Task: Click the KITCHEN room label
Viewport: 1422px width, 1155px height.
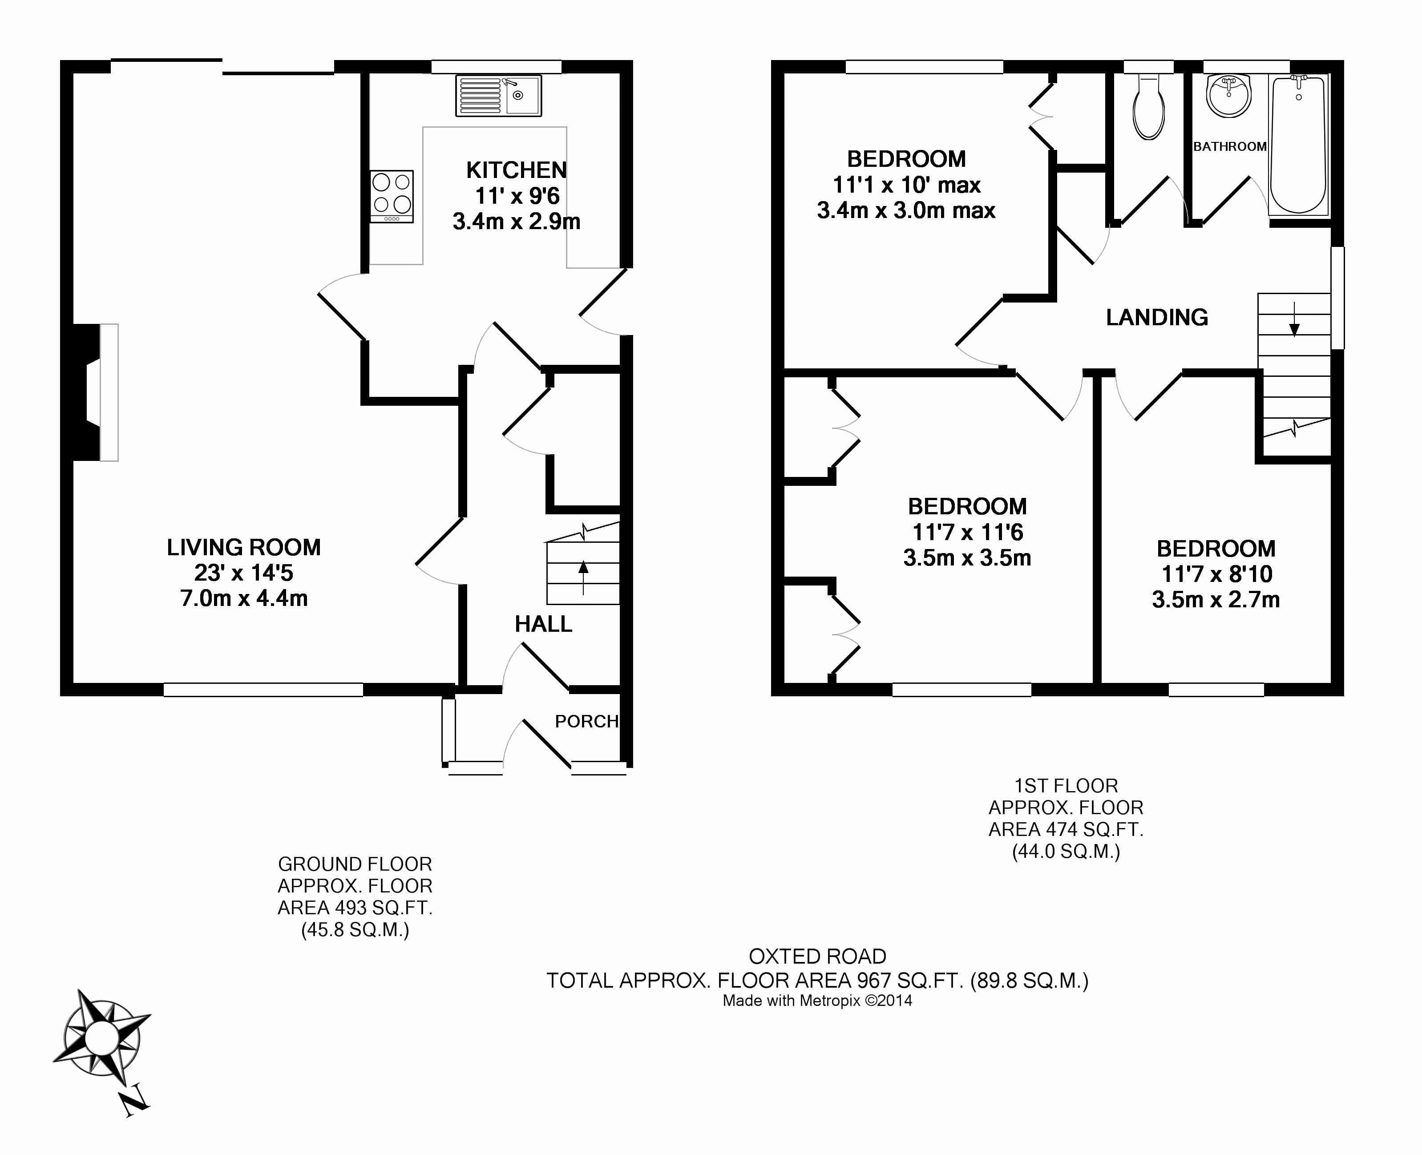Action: click(x=517, y=170)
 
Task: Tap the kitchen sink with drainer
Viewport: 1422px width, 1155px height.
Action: click(x=498, y=95)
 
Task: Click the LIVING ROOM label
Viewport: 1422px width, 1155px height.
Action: click(x=243, y=548)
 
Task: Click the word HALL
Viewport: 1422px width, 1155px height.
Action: click(x=543, y=624)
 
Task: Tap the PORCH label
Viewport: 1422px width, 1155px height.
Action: click(x=586, y=721)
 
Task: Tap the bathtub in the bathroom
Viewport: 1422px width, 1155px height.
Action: click(x=1298, y=144)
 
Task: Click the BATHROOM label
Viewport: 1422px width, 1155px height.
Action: click(x=1230, y=146)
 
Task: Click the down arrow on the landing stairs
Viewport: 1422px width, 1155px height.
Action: click(x=1294, y=319)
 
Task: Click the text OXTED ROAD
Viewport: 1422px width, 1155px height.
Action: click(x=817, y=956)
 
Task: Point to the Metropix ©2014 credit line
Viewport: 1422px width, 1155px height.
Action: click(x=817, y=1001)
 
